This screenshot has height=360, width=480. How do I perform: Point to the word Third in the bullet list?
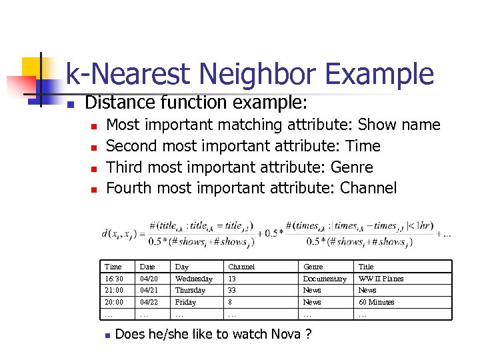click(125, 167)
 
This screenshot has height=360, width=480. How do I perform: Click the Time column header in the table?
click(113, 267)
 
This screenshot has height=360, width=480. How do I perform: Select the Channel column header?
click(241, 267)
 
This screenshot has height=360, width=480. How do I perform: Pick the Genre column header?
click(313, 267)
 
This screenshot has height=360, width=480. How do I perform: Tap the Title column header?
click(366, 267)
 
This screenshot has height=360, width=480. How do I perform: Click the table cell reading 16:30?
click(114, 279)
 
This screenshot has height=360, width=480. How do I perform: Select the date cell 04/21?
click(147, 290)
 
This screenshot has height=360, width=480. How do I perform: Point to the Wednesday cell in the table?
click(193, 279)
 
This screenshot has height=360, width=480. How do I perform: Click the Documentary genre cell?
click(325, 279)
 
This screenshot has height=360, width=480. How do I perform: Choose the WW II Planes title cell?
click(381, 279)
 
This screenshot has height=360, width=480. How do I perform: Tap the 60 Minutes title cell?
click(376, 302)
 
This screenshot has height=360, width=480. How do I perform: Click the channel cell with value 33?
click(232, 290)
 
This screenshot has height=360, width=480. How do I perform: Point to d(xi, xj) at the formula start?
click(121, 234)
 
